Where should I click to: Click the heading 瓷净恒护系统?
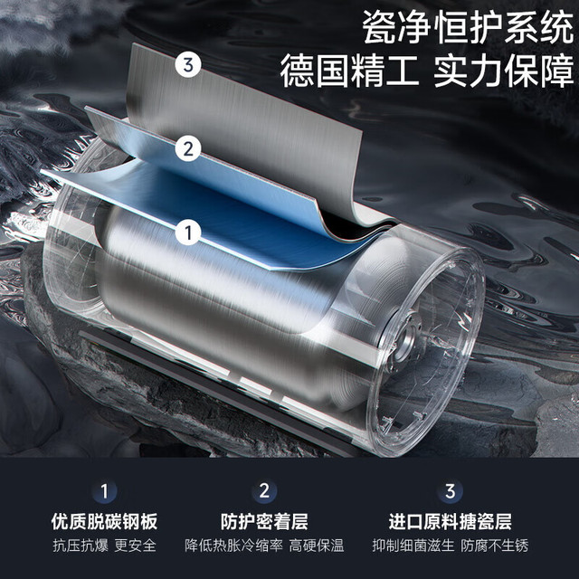pos(468,27)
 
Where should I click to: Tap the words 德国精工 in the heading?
pos(349,71)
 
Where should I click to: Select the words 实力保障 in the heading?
pos(504,71)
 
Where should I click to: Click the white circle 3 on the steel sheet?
pos(188,65)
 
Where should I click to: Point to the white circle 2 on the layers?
pos(188,148)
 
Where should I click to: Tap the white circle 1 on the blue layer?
pos(188,233)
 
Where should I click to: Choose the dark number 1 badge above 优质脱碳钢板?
pos(105,491)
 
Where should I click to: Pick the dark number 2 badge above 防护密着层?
pos(264,491)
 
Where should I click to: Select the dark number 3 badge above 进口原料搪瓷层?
pos(450,491)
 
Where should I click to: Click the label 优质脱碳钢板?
pos(105,521)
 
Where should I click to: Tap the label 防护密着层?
pos(264,521)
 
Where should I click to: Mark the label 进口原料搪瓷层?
pos(450,521)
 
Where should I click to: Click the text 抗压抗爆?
pos(81,546)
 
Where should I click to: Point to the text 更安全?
pos(135,546)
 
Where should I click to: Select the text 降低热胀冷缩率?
pos(233,546)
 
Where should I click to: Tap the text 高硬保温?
pos(317,546)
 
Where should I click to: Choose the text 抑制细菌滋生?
pos(413,546)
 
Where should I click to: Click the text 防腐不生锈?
pos(495,546)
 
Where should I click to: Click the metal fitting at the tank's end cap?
pos(405,336)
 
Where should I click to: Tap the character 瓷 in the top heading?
pos(378,27)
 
